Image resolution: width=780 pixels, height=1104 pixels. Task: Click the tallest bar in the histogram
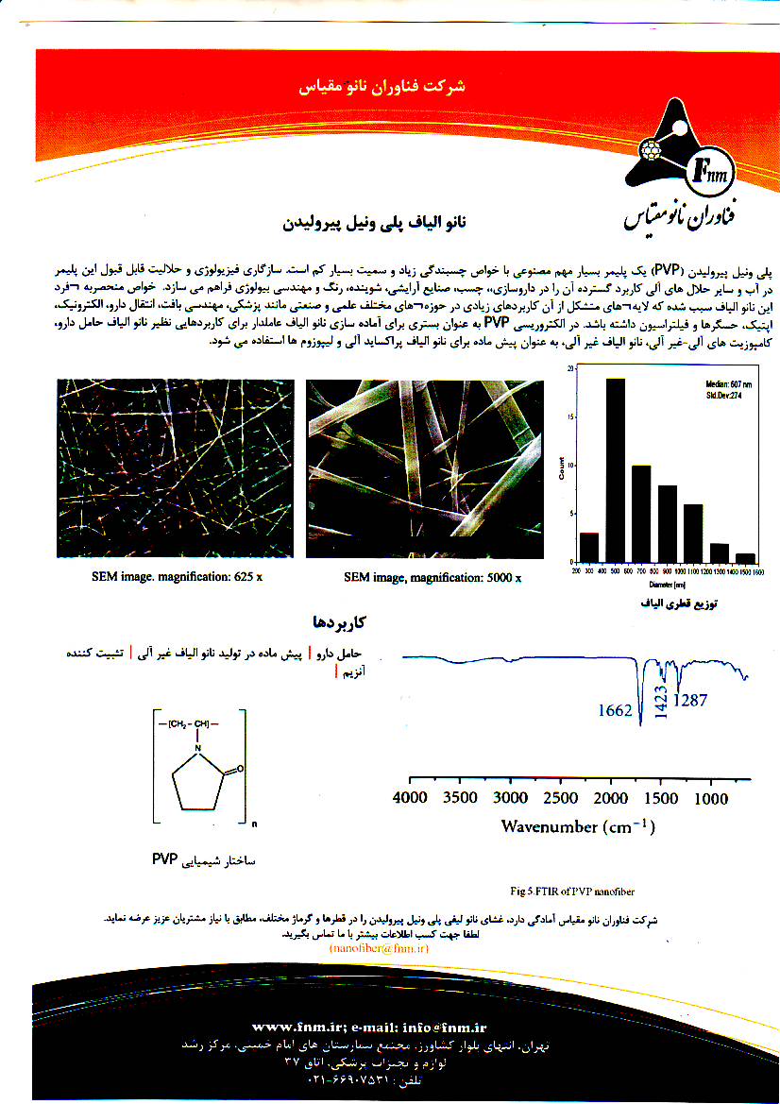[x=616, y=469]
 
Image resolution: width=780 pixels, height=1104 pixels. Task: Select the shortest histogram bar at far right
[x=745, y=557]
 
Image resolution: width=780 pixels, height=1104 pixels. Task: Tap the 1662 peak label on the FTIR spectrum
[x=615, y=710]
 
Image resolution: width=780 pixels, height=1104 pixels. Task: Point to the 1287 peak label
[x=688, y=700]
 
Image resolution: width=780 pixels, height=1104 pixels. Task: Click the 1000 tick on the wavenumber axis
[x=710, y=798]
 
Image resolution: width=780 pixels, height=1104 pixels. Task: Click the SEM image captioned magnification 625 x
[x=174, y=468]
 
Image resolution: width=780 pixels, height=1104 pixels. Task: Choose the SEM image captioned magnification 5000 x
[x=425, y=468]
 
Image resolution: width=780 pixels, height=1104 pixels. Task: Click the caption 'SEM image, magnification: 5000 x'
[x=432, y=578]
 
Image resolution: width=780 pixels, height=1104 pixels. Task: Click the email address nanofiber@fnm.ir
[x=379, y=947]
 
